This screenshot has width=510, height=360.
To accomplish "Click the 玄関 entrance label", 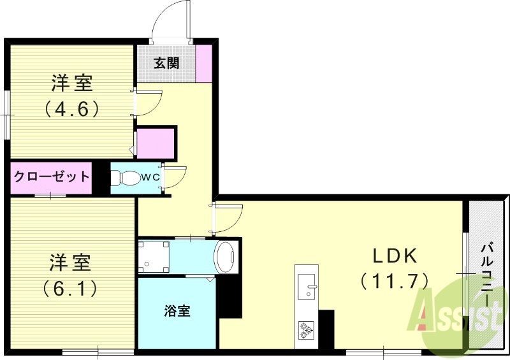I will [165, 63].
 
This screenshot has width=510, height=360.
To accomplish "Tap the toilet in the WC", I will [127, 178].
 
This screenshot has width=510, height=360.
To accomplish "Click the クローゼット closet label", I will [52, 176].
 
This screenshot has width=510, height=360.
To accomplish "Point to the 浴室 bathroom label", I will [176, 312].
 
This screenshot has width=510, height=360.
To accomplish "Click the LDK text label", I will [395, 257].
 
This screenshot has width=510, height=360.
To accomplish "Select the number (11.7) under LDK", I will [393, 280].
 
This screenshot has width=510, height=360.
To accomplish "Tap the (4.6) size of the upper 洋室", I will [71, 109].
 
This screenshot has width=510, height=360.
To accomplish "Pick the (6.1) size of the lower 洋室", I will [71, 289].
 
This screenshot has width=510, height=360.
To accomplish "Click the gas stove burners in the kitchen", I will [307, 329].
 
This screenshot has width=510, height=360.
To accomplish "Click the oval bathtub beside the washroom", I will [226, 257].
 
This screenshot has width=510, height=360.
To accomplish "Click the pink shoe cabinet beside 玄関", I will [204, 63].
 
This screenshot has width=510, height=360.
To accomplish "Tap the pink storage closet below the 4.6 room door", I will [156, 143].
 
